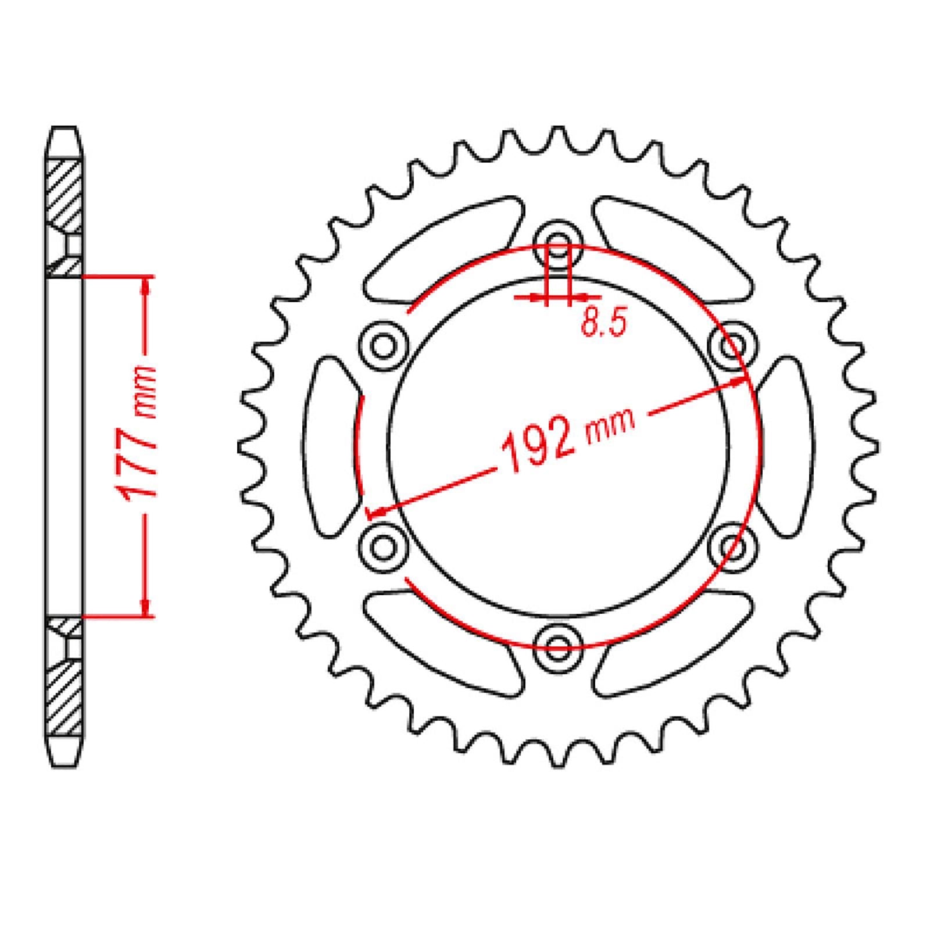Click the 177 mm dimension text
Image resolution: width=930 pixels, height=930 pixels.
137,433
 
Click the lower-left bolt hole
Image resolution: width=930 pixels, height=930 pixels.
383,546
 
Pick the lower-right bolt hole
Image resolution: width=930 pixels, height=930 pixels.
733,546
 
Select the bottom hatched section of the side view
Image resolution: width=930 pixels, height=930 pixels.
64,697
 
